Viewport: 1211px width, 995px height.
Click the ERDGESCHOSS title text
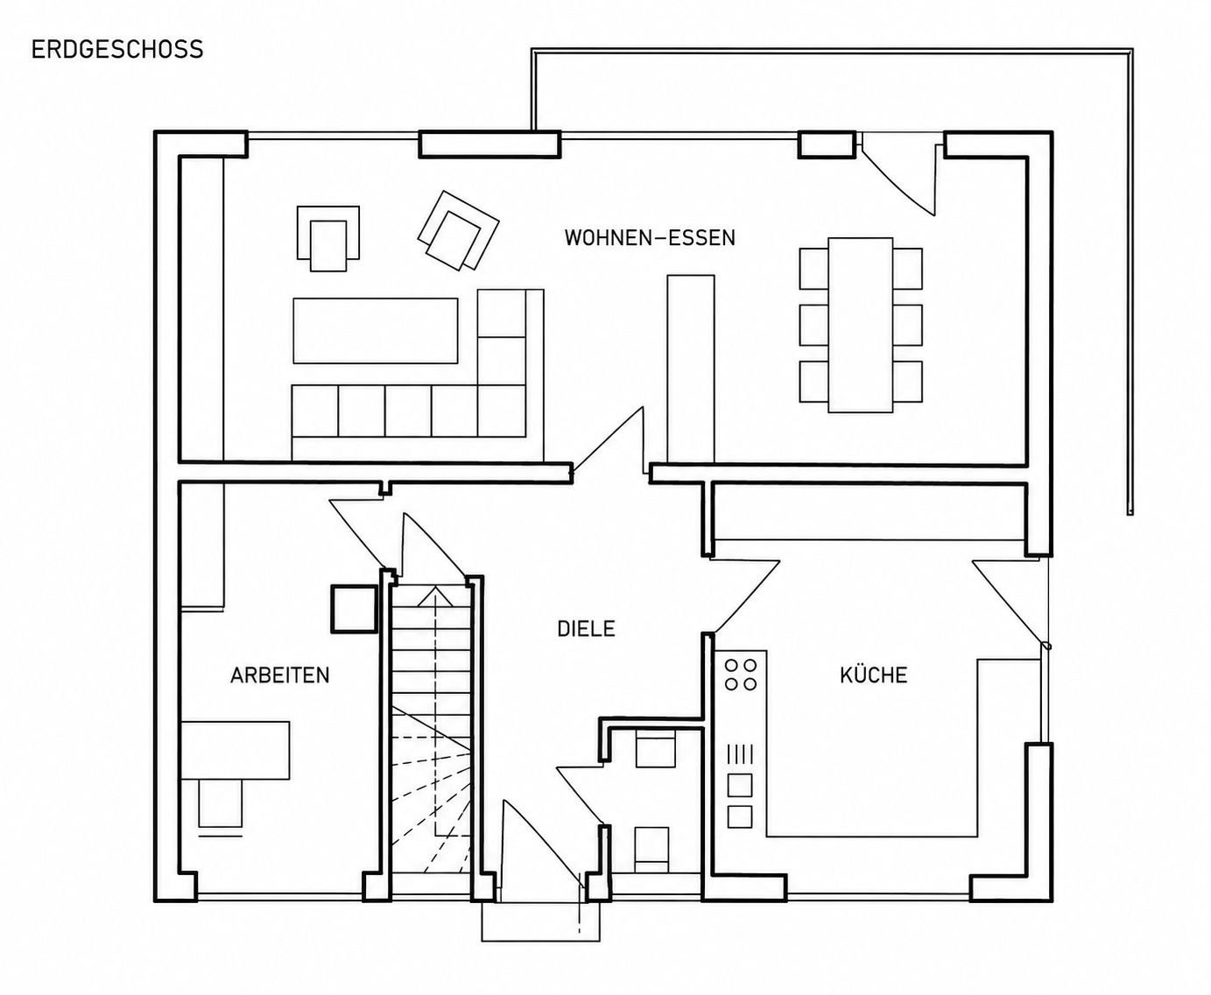[117, 49]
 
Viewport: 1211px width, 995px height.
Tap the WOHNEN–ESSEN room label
[650, 237]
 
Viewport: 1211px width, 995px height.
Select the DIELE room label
[586, 629]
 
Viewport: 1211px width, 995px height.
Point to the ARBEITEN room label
[279, 676]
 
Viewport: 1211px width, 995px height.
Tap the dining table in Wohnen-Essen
[860, 325]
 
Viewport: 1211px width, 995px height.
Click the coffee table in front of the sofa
[375, 331]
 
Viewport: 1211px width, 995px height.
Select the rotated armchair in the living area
[458, 231]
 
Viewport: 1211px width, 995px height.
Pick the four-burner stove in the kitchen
[740, 675]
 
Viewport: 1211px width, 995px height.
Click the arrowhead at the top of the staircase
[435, 596]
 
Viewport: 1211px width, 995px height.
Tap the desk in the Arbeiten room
[235, 750]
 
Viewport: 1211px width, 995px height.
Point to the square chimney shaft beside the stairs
[354, 608]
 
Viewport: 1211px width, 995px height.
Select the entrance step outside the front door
[540, 921]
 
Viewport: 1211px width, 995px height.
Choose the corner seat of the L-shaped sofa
[501, 410]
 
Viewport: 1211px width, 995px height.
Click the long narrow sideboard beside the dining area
[691, 368]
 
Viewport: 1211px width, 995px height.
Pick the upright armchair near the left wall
[327, 238]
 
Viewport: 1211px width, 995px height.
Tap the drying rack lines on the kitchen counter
[740, 754]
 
